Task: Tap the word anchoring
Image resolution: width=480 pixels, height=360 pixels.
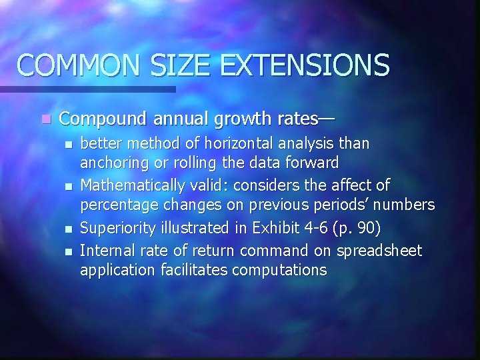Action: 110,163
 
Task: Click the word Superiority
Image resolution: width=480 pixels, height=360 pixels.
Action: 117,229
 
